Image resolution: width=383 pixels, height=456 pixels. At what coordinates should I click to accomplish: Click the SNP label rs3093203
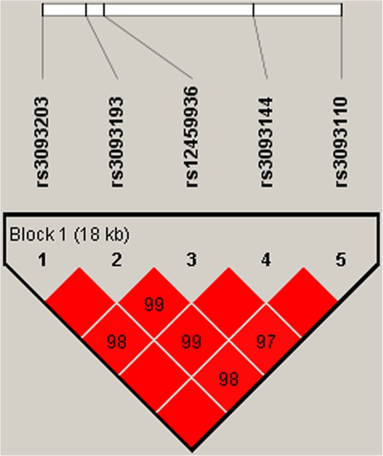click(43, 142)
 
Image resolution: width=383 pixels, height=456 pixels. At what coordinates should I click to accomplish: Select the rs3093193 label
click(117, 142)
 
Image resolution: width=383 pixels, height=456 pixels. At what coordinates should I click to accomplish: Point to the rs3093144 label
click(267, 142)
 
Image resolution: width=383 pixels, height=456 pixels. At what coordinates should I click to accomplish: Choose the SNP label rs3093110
click(342, 142)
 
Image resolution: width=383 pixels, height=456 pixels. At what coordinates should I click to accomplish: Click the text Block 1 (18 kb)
click(69, 235)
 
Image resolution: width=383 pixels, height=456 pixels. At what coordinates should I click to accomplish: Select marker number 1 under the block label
click(43, 261)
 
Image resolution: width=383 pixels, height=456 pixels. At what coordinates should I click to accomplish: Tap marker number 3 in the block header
click(192, 261)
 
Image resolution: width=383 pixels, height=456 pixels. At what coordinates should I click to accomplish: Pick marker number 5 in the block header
click(341, 261)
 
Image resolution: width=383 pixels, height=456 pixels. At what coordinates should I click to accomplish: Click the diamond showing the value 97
click(265, 341)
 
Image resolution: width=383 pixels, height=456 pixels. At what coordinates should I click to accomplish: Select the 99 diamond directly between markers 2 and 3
click(154, 304)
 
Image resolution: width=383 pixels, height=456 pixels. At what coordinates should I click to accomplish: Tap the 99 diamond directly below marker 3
click(191, 341)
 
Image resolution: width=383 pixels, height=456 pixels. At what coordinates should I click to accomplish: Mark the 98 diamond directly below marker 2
click(117, 341)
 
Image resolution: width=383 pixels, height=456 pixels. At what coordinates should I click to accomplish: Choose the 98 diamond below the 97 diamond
click(228, 379)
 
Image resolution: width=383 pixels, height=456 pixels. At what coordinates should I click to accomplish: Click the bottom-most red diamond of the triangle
click(191, 416)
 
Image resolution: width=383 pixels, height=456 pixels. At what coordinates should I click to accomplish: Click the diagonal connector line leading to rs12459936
click(148, 47)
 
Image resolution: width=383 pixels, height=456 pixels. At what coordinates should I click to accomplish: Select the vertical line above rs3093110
click(341, 47)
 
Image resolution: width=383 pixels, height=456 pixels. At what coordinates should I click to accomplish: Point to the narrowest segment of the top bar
click(95, 10)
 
